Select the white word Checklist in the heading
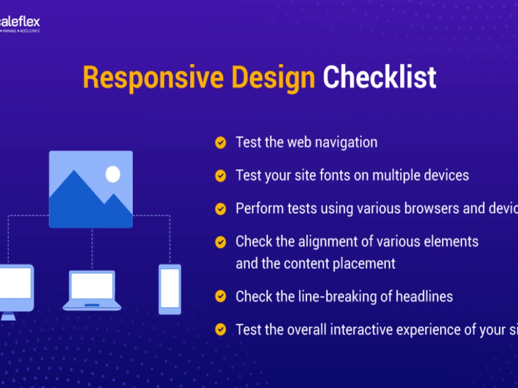click(x=379, y=77)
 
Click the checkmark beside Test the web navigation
click(x=221, y=143)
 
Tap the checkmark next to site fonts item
click(x=221, y=176)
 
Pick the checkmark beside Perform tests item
click(x=221, y=209)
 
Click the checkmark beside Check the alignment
click(x=221, y=242)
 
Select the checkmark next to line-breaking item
click(x=221, y=296)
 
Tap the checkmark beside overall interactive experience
click(x=221, y=330)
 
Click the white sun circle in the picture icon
click(x=113, y=174)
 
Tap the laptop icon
click(x=92, y=290)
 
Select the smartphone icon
click(x=170, y=289)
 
